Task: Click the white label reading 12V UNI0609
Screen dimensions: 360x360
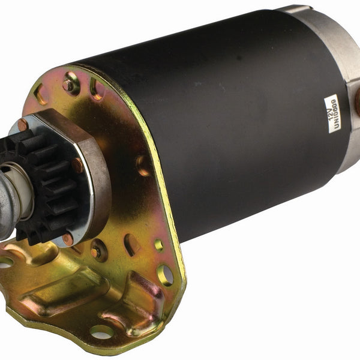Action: coord(332,113)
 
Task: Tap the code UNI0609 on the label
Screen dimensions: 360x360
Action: coord(335,113)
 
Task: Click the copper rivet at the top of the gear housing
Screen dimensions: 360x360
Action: coord(23,125)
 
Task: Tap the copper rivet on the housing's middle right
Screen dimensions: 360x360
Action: coord(77,166)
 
